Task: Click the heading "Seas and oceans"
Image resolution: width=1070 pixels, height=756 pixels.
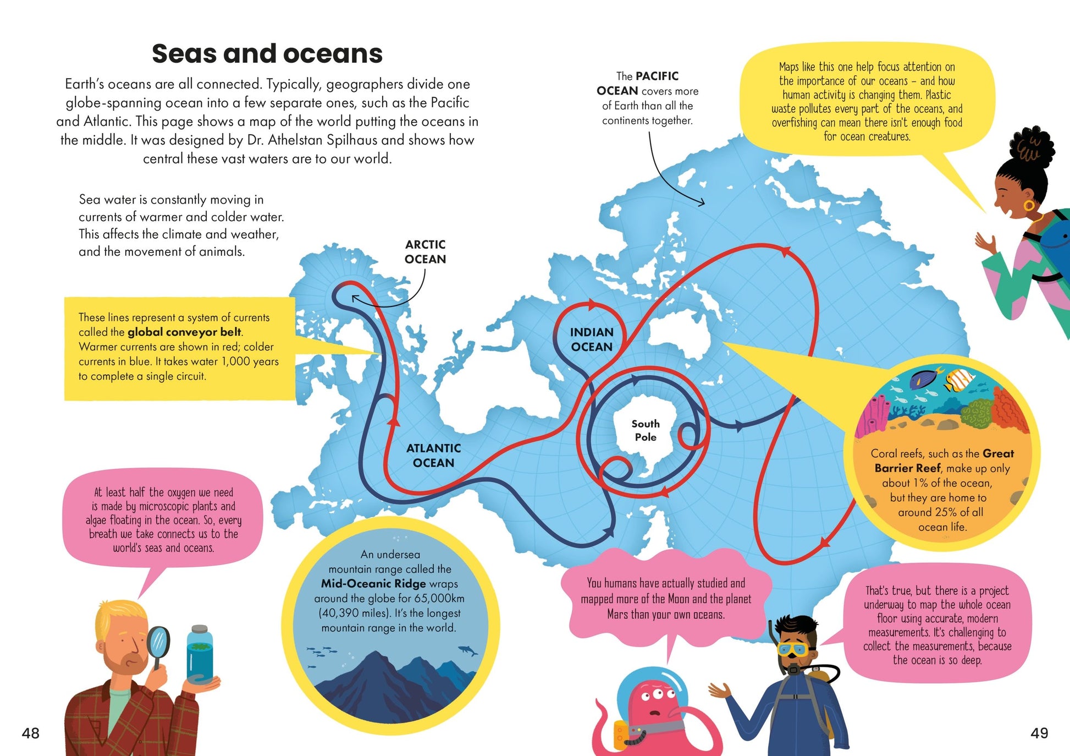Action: [267, 54]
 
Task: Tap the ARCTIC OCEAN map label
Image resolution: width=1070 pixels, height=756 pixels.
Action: [425, 252]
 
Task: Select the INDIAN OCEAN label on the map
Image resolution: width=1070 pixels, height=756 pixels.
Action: [591, 339]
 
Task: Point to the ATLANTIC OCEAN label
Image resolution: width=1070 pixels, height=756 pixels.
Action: [433, 456]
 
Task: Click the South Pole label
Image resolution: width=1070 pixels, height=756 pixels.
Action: [646, 430]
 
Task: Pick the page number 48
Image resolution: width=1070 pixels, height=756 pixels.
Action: [31, 733]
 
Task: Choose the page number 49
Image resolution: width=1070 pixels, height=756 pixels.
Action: [1039, 733]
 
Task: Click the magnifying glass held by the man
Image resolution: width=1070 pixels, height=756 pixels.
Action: [159, 643]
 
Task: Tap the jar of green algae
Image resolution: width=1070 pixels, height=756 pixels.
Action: [199, 655]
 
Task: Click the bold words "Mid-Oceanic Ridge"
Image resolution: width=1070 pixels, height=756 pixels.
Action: [373, 584]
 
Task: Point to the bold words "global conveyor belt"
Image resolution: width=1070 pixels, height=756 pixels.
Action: [184, 332]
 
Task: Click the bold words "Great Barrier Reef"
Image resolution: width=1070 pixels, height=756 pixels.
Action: [942, 461]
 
